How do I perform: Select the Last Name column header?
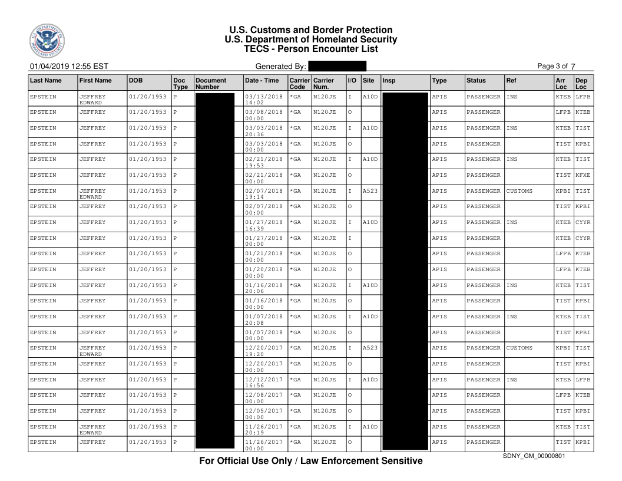tap(45, 80)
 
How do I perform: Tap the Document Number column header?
tap(210, 83)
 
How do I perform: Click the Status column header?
tap(476, 80)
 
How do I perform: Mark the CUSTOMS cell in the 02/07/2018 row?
tap(520, 191)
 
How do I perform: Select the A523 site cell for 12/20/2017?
tap(370, 348)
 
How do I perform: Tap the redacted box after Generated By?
tap(337, 67)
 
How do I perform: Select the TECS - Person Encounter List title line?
tap(310, 49)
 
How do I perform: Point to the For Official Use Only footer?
tap(310, 460)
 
